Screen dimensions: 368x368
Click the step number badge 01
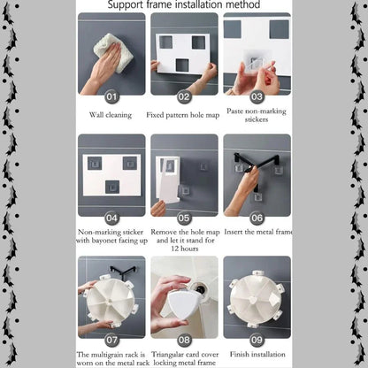(x=111, y=96)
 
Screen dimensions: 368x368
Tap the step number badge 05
(x=184, y=218)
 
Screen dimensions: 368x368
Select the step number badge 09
(x=257, y=340)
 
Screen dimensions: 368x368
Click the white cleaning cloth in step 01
(x=111, y=52)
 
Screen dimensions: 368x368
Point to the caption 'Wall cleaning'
(x=111, y=115)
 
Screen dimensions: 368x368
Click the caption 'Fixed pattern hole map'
(x=183, y=115)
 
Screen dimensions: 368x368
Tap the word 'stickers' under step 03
(x=257, y=119)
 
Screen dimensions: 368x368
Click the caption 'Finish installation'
(x=257, y=354)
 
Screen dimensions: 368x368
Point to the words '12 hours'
(x=185, y=249)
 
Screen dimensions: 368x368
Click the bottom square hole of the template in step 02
(x=182, y=65)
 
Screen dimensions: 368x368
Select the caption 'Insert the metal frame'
(x=258, y=232)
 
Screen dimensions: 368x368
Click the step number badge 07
(x=111, y=340)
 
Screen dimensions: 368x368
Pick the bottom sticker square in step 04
(x=112, y=187)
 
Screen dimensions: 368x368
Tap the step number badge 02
(x=184, y=96)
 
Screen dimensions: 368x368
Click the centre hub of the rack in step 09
(x=254, y=301)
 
